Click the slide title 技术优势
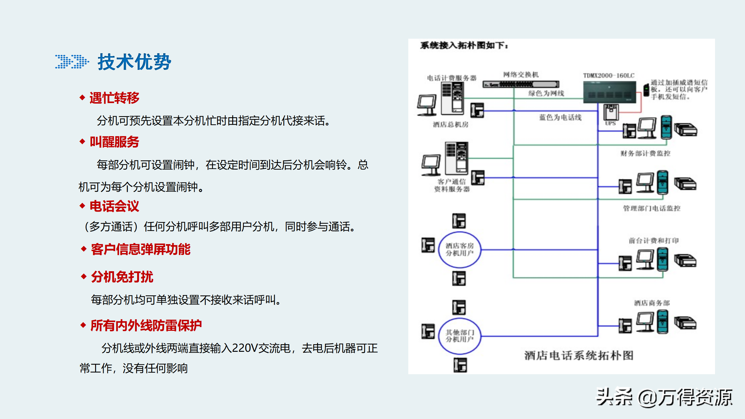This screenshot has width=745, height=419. pos(134,62)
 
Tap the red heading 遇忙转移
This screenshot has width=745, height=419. pos(114,98)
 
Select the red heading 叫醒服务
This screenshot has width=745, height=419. pos(114,142)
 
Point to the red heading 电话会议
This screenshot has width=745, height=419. pos(114,206)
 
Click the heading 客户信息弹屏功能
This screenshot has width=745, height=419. pos(141,249)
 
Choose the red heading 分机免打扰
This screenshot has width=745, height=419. pos(122,277)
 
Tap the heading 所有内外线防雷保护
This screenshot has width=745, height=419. pos(146,325)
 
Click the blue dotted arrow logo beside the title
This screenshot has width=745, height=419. pos(72,62)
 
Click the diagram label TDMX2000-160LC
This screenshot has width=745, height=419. pos(609,76)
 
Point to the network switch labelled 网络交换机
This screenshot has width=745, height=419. pos(521,84)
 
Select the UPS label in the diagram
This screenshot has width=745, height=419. pos(610,123)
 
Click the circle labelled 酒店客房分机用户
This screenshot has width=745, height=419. pos(460,250)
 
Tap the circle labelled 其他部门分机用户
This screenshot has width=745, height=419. pos(460,336)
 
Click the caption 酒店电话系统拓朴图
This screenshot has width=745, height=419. pos(579,356)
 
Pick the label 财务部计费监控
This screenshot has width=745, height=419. pos(645,153)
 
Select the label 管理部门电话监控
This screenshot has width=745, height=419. pos(652,208)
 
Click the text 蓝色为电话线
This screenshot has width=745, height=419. pos(560,117)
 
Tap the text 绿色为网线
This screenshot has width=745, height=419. pos(546,93)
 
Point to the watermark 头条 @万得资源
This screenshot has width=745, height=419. pos(664,397)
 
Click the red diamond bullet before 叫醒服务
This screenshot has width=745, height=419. pos(82,142)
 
